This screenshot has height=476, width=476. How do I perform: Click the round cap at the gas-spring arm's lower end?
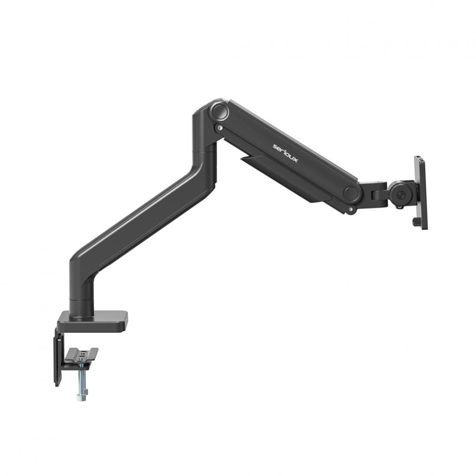click(x=351, y=194)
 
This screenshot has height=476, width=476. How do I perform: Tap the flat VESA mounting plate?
click(x=421, y=192)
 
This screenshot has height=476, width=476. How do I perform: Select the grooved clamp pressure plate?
click(x=82, y=355)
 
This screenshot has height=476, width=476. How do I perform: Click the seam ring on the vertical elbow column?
click(x=205, y=151)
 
